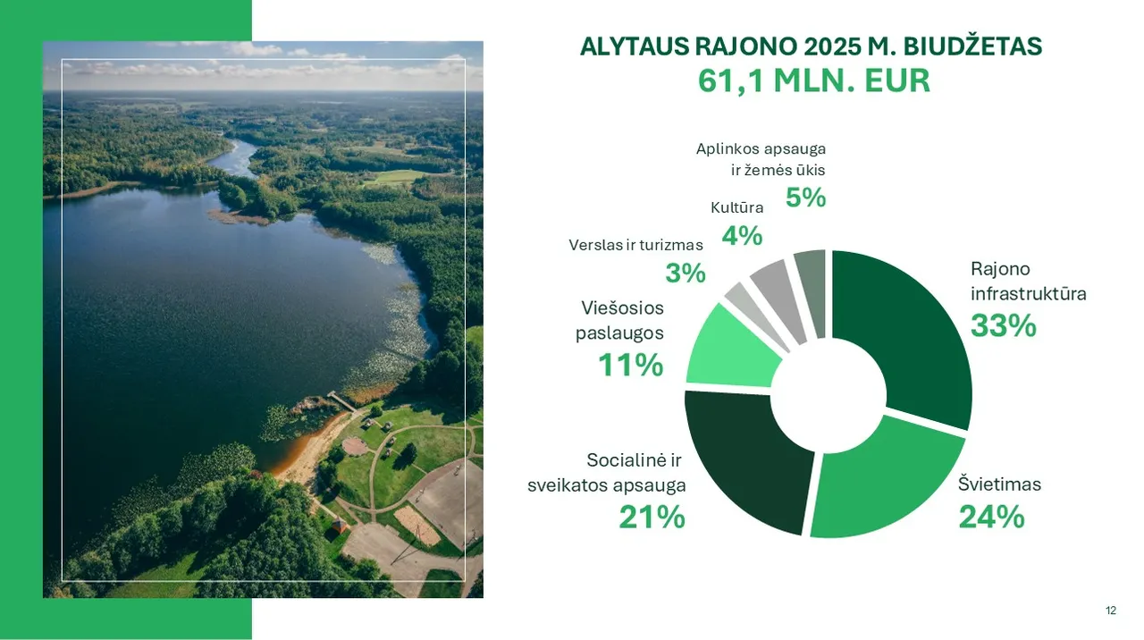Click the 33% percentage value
point(1004,325)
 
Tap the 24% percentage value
point(991,517)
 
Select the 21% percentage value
point(652,517)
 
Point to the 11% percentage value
point(631,365)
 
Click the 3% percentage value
point(686,273)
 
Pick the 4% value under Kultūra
point(742,235)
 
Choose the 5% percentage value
point(805,198)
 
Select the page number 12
point(1111,611)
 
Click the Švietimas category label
point(999,484)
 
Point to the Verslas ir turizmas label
point(635,245)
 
